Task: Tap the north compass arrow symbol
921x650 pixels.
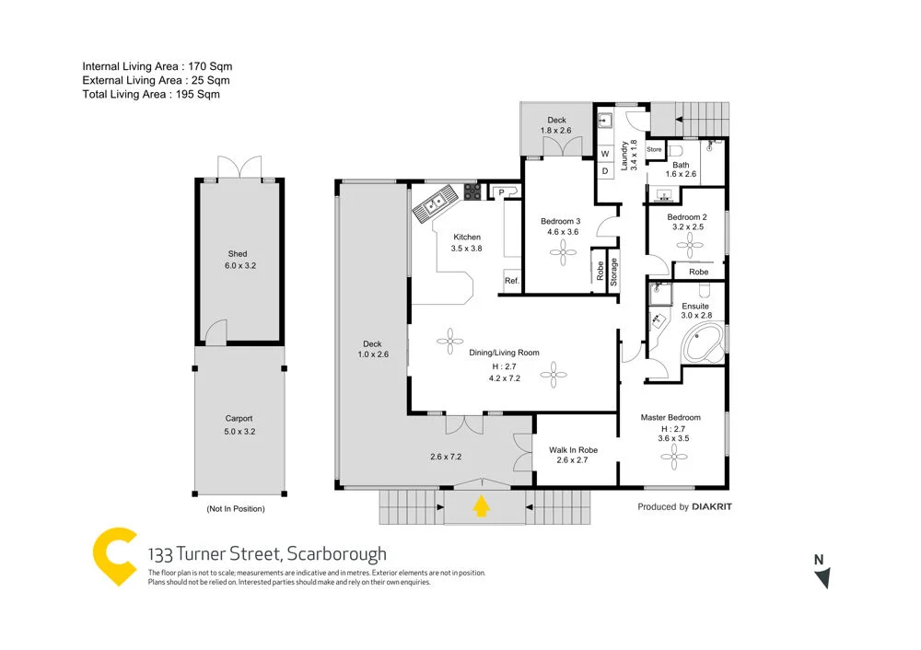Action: coord(822,577)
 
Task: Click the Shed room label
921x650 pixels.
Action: coord(238,254)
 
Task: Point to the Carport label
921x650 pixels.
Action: coord(239,418)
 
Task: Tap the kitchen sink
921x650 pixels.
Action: coord(431,202)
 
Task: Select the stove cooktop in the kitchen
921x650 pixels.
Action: coord(472,192)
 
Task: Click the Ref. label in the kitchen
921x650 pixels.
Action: coord(511,281)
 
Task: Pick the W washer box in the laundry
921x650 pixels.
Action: coord(606,154)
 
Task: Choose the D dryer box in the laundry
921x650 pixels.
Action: coord(606,170)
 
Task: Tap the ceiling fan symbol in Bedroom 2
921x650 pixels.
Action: coord(687,243)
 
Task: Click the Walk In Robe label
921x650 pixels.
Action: coord(573,450)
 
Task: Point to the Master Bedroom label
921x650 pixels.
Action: coord(670,418)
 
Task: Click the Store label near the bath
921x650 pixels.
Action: coord(654,149)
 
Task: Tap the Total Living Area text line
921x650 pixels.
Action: coord(151,94)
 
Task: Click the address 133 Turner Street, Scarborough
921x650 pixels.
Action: coord(267,553)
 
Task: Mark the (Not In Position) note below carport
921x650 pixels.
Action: coord(235,509)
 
